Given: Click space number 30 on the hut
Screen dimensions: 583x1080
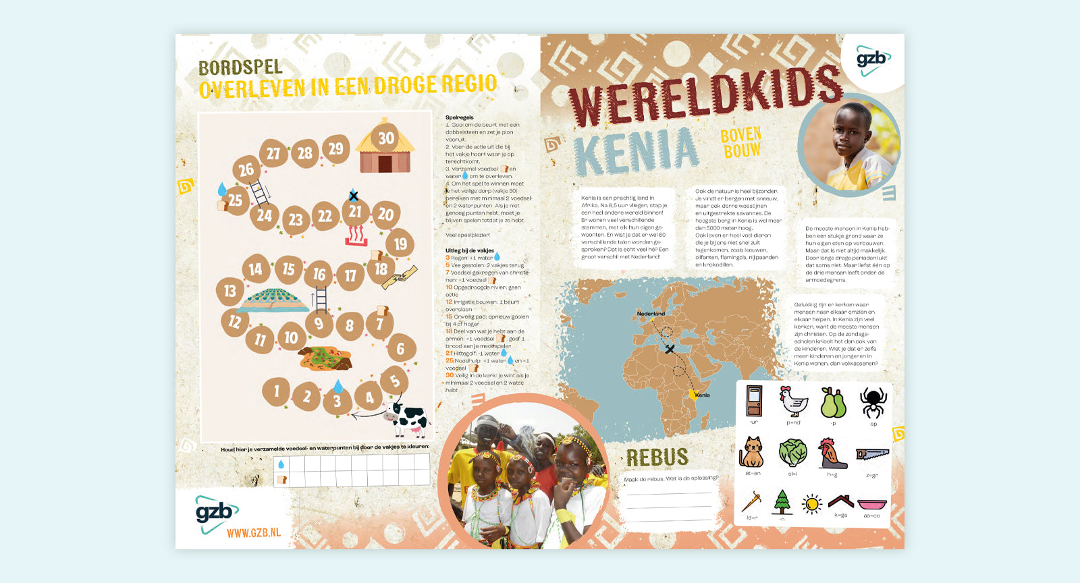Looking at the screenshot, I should pos(385,138).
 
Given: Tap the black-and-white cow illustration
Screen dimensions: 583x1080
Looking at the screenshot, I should pos(407,418).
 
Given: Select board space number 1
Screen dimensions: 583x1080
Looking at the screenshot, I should pos(276,391).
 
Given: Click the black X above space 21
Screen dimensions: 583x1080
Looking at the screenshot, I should pos(353,196).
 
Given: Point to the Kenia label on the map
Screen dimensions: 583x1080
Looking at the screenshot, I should pos(702,395).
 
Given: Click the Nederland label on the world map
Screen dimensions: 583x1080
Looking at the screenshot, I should pos(651,314).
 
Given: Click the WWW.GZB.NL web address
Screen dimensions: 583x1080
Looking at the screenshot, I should pos(253,533).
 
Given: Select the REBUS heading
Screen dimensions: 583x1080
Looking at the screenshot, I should pos(657,457).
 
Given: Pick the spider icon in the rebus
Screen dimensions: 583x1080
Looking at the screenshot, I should pos(873,402).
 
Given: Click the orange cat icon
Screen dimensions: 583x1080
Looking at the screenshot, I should pos(751,452).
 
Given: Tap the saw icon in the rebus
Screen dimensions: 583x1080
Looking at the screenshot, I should pos(872,454).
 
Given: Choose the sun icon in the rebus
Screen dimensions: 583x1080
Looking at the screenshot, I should pos(811,503).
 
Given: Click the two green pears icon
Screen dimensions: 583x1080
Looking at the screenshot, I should pos(833,403).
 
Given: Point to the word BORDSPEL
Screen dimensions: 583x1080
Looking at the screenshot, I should pos(240,67).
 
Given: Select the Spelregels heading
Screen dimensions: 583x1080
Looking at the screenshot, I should pos(460,117).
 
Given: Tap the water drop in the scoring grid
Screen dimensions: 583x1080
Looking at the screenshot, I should pos(281,464).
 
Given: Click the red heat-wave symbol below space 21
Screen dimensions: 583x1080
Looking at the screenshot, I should pos(356,235).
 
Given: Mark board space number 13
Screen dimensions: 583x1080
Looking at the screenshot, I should pos(230,291).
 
